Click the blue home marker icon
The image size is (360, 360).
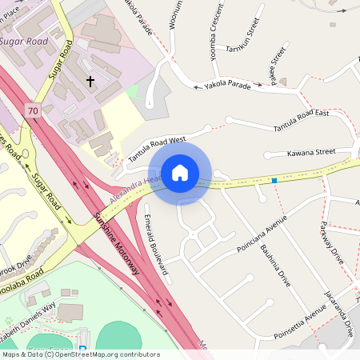[179, 172]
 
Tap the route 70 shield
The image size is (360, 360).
[32, 111]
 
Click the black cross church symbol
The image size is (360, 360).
[90, 81]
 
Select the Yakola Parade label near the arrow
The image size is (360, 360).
[227, 83]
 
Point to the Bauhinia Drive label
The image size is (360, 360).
[274, 265]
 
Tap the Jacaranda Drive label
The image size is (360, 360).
[339, 313]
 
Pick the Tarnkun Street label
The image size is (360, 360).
[244, 36]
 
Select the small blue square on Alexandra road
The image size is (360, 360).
[274, 181]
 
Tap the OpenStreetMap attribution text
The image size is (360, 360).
[80, 354]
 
